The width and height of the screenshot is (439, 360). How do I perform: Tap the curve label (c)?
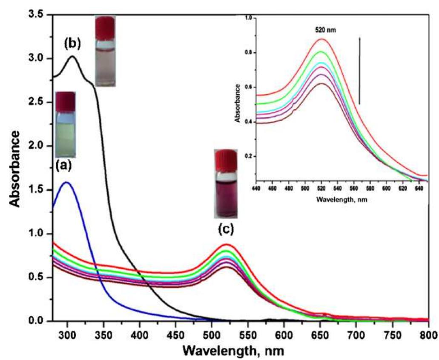tap(226, 229)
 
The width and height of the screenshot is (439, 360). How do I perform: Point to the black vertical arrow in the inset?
tap(360, 70)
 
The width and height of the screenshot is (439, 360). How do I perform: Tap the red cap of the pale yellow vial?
tap(66, 101)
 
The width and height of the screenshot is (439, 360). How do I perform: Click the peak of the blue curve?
tap(67, 182)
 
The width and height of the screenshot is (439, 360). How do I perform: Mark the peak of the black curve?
tap(72, 56)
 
